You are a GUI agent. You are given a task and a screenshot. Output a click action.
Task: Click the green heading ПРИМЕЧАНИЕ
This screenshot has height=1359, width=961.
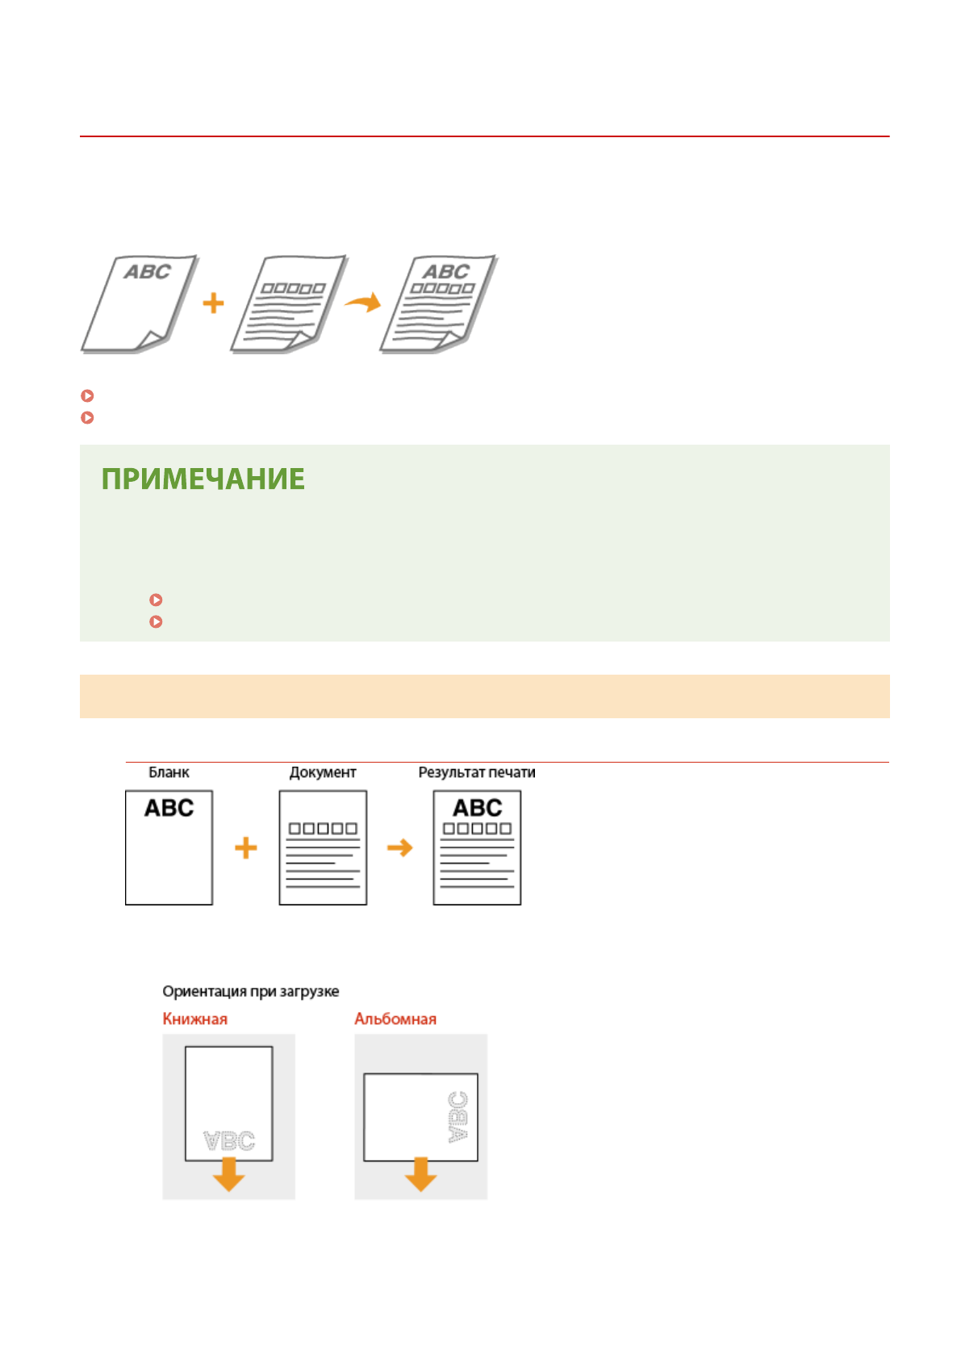(203, 479)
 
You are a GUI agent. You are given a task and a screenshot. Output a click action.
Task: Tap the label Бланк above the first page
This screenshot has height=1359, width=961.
(169, 772)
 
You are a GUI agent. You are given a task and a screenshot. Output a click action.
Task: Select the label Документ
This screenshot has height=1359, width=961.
(323, 772)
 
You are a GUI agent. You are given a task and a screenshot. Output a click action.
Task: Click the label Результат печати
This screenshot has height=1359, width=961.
(476, 772)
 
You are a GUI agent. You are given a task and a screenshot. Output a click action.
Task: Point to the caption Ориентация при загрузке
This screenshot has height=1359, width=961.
(250, 991)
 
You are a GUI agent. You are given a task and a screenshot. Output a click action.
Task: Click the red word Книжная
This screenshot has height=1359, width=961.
(194, 1018)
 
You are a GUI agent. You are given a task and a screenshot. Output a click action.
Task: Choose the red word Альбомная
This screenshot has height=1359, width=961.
(395, 1018)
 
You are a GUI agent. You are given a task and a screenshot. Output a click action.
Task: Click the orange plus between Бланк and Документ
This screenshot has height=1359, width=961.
(246, 847)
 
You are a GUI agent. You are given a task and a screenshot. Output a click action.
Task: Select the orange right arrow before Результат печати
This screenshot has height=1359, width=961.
(399, 847)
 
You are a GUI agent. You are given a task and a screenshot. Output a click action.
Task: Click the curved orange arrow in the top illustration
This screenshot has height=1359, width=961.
(363, 303)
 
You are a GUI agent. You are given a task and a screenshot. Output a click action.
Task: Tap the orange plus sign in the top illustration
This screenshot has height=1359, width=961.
(213, 303)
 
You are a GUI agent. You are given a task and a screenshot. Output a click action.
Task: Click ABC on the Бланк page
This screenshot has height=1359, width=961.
(169, 808)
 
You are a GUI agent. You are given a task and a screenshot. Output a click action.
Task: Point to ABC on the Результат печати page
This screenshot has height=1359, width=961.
(477, 807)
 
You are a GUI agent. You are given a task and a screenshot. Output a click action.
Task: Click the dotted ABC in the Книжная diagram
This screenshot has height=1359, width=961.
(229, 1141)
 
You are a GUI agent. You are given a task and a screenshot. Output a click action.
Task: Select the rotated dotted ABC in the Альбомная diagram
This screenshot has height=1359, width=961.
(458, 1117)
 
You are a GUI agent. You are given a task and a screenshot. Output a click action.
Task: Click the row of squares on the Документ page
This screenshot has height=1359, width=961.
(323, 829)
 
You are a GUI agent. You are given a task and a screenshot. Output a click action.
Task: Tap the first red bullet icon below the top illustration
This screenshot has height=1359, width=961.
(88, 395)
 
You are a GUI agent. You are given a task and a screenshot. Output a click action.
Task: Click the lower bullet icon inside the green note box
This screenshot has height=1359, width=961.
(157, 621)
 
